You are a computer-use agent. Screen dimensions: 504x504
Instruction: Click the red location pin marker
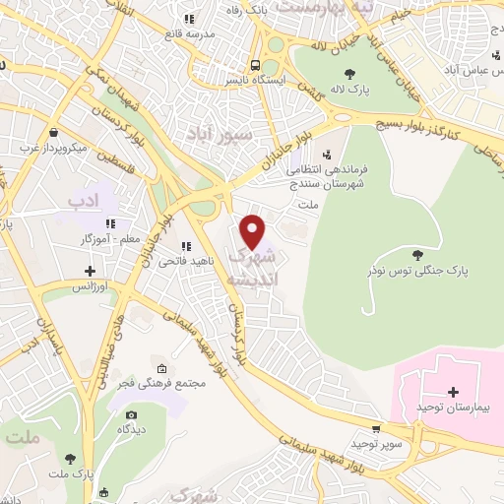coord(253,232)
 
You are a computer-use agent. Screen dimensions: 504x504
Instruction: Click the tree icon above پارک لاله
coord(349,72)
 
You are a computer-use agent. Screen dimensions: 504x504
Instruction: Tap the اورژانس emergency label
coord(91,286)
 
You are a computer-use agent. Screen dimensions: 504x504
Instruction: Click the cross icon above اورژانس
coord(91,271)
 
